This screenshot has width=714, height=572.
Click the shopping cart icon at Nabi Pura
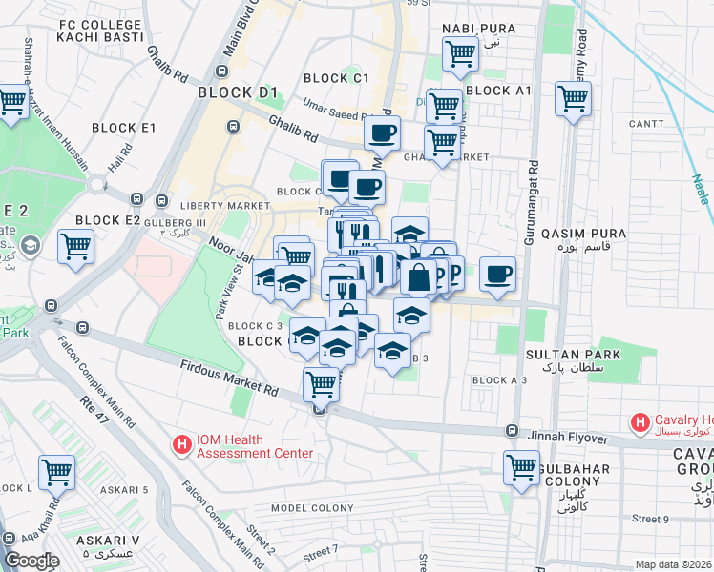pyautogui.click(x=460, y=53)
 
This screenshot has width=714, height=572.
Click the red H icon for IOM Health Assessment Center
pyautogui.click(x=181, y=444)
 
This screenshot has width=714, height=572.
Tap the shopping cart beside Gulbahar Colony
pyautogui.click(x=521, y=467)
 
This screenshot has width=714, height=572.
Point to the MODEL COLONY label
pyautogui.click(x=312, y=509)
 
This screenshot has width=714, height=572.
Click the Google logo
pyautogui.click(x=31, y=561)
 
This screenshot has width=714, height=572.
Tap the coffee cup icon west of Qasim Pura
pyautogui.click(x=497, y=274)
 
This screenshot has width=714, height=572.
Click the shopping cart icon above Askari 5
pyautogui.click(x=57, y=471)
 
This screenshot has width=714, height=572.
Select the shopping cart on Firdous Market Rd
pyautogui.click(x=322, y=384)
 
